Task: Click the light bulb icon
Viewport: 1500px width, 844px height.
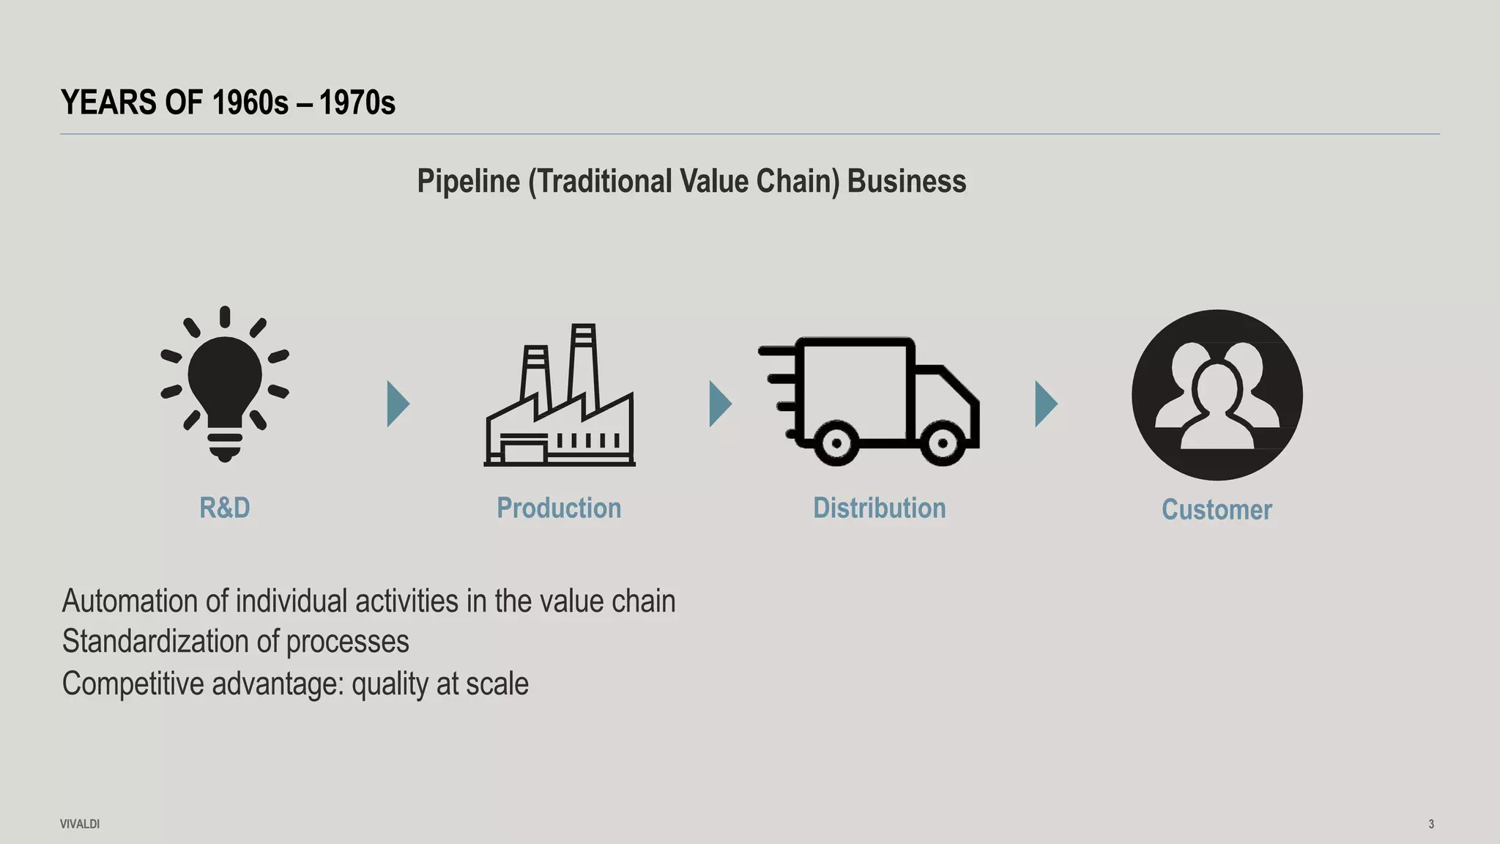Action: click(x=225, y=384)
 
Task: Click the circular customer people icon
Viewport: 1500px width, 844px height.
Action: click(x=1217, y=395)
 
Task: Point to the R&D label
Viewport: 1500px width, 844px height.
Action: click(x=225, y=508)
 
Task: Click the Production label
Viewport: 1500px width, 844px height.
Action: click(x=559, y=508)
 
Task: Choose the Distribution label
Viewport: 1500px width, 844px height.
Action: click(x=879, y=508)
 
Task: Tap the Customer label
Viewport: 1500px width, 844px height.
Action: click(x=1217, y=509)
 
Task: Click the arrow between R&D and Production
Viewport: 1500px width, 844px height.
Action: click(x=397, y=404)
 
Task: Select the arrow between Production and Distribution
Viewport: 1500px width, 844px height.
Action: click(x=719, y=404)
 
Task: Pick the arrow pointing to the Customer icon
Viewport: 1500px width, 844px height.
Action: click(x=1045, y=404)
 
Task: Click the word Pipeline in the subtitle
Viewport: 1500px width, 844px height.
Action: click(x=468, y=181)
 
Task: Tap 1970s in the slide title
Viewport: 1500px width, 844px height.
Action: click(x=357, y=103)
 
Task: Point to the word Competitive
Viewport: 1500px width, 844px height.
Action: click(x=133, y=684)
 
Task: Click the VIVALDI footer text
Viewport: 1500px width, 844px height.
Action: click(x=80, y=824)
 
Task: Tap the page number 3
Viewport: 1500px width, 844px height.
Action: click(x=1431, y=824)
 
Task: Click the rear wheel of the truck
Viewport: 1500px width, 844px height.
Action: click(x=836, y=443)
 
